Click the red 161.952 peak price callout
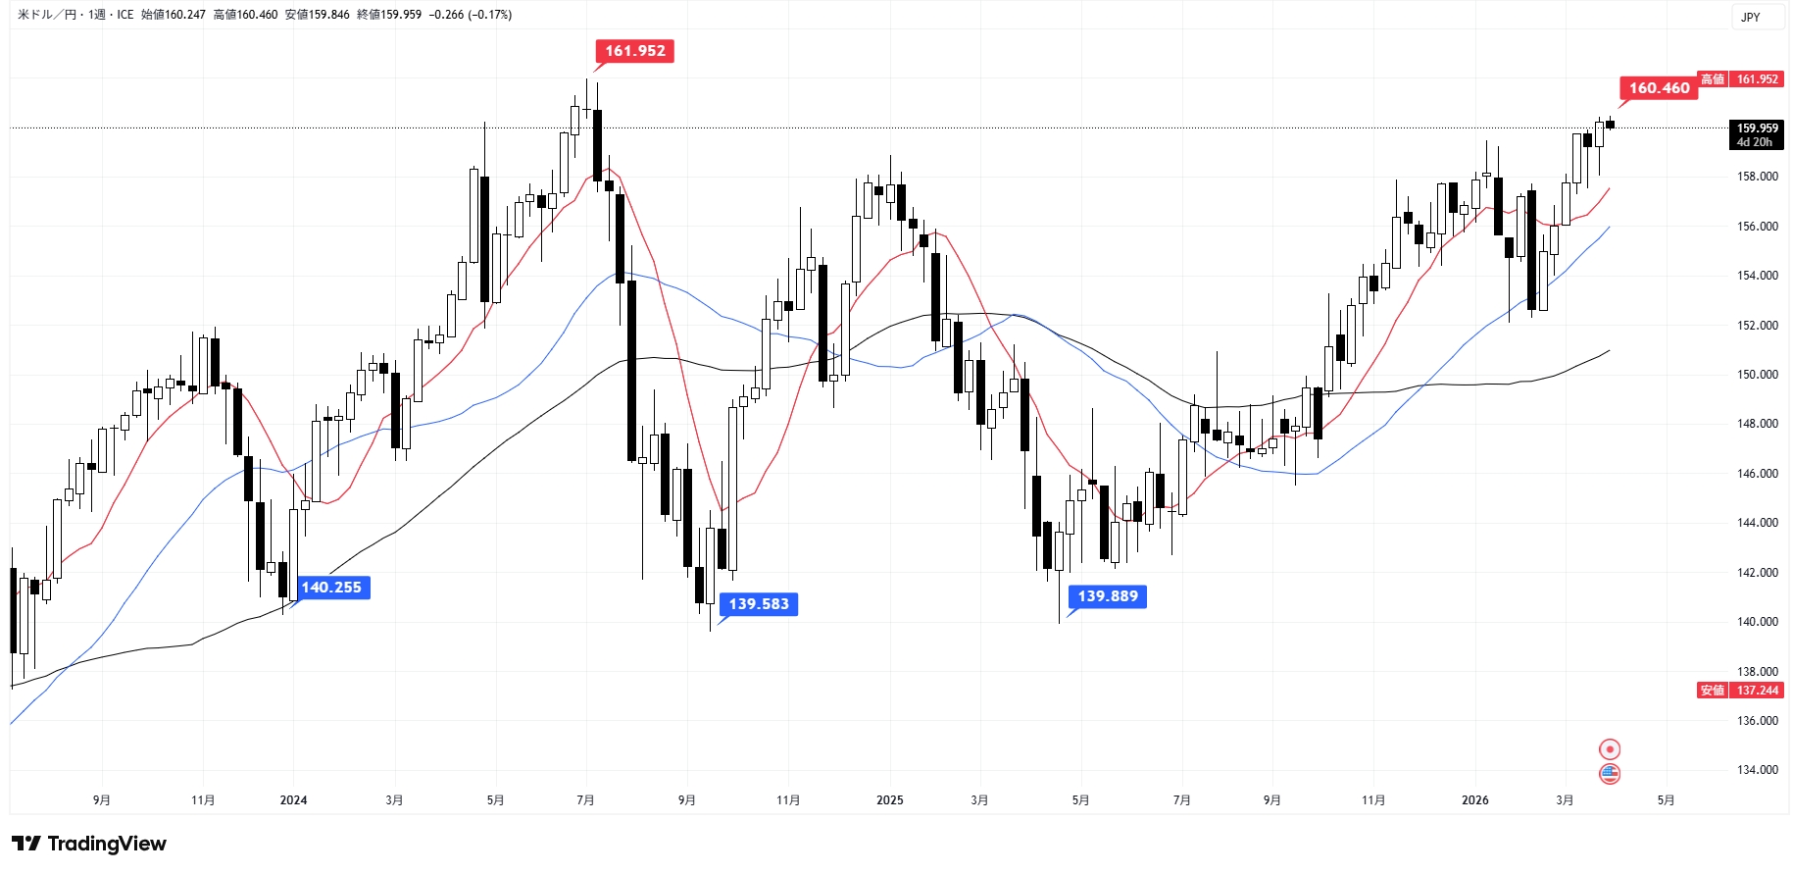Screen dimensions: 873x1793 click(x=634, y=51)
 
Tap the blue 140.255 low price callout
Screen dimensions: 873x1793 click(x=330, y=588)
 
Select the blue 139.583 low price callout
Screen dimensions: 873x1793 click(x=758, y=604)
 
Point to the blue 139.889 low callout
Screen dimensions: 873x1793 click(x=1107, y=596)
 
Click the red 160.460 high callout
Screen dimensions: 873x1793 click(x=1659, y=88)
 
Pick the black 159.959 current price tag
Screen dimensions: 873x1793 click(x=1756, y=134)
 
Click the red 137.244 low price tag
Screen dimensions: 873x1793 click(x=1757, y=691)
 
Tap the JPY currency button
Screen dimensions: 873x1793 click(x=1750, y=17)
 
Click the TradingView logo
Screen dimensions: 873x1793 click(x=89, y=844)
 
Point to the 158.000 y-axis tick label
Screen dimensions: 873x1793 click(x=1757, y=177)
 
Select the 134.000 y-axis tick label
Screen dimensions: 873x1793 click(x=1757, y=770)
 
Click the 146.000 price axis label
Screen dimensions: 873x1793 click(x=1757, y=474)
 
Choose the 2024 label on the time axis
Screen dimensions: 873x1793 click(x=293, y=800)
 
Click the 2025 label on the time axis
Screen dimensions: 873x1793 click(x=889, y=800)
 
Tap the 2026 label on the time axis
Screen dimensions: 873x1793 click(x=1474, y=800)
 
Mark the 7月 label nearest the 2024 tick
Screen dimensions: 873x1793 click(x=585, y=800)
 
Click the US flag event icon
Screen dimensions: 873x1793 click(x=1609, y=774)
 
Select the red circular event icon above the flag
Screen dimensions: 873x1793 click(x=1609, y=749)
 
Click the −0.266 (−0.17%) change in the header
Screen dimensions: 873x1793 click(x=470, y=15)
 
